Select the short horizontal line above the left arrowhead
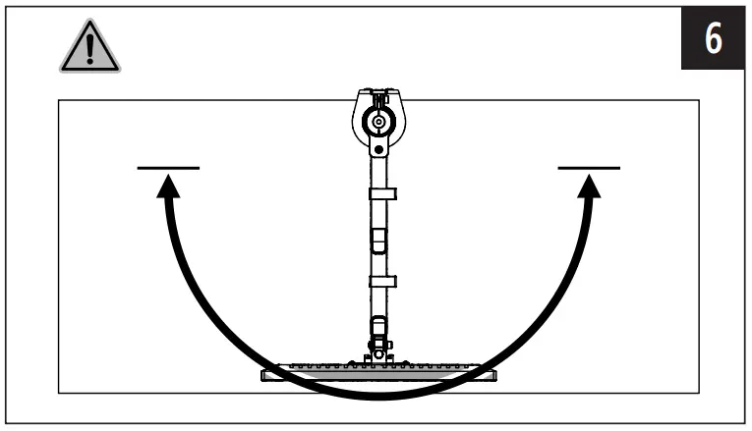pyautogui.click(x=168, y=168)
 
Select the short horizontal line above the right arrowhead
pyautogui.click(x=589, y=168)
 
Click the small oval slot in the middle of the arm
pyautogui.click(x=379, y=239)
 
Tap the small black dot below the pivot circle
pyautogui.click(x=378, y=150)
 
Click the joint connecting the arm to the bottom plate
pyautogui.click(x=378, y=349)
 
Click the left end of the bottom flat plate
pyautogui.click(x=267, y=372)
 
